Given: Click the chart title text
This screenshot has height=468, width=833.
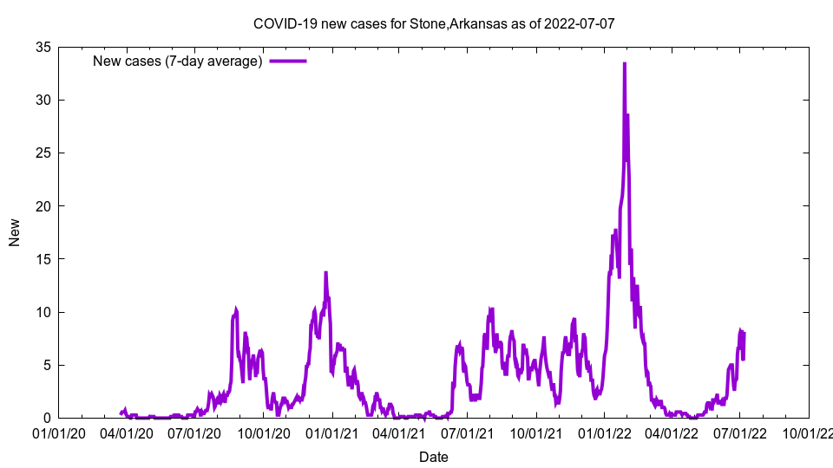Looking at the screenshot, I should click(x=434, y=23).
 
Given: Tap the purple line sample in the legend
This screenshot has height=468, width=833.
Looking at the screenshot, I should click(x=287, y=61).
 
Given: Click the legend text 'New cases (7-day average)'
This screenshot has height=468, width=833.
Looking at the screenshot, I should click(x=178, y=61).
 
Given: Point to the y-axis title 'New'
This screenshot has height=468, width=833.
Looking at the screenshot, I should click(x=15, y=232).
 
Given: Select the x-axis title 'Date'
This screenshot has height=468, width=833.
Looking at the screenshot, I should click(x=434, y=457).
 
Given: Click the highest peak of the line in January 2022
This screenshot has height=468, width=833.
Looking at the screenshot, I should click(x=624, y=63).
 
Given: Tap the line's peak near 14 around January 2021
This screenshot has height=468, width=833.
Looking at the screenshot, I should click(x=325, y=272).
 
